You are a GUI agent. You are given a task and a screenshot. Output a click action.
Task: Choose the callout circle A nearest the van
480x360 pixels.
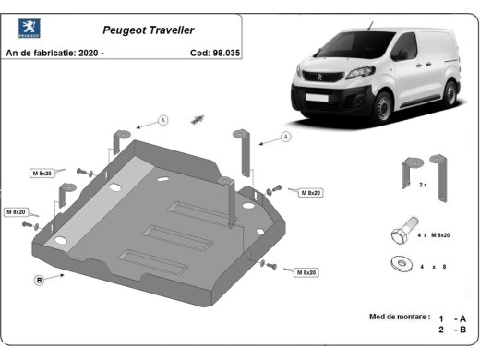pyautogui.click(x=284, y=137)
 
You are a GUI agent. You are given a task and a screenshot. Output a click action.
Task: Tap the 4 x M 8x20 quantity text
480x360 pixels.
pyautogui.click(x=433, y=235)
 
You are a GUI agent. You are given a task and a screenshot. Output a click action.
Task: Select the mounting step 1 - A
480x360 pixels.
pyautogui.click(x=454, y=317)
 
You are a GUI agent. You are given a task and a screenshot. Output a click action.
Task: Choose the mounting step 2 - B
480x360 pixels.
pyautogui.click(x=454, y=330)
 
